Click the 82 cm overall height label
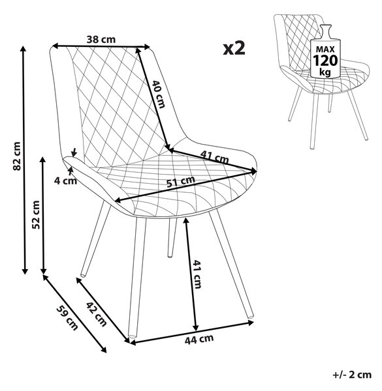(17, 156)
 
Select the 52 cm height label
(36, 214)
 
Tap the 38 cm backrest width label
(101, 39)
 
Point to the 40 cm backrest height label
(159, 94)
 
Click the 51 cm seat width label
(181, 182)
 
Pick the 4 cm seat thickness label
(65, 181)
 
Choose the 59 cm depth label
(67, 318)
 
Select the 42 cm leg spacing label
(97, 314)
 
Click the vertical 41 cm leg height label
(197, 274)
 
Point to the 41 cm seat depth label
(214, 157)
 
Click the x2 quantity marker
(234, 48)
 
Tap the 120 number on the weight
(325, 61)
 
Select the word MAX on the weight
(325, 49)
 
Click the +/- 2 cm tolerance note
(352, 375)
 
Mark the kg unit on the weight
(325, 72)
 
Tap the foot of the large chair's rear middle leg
(170, 255)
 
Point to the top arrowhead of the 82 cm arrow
(24, 48)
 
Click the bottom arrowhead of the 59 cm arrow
(104, 350)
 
